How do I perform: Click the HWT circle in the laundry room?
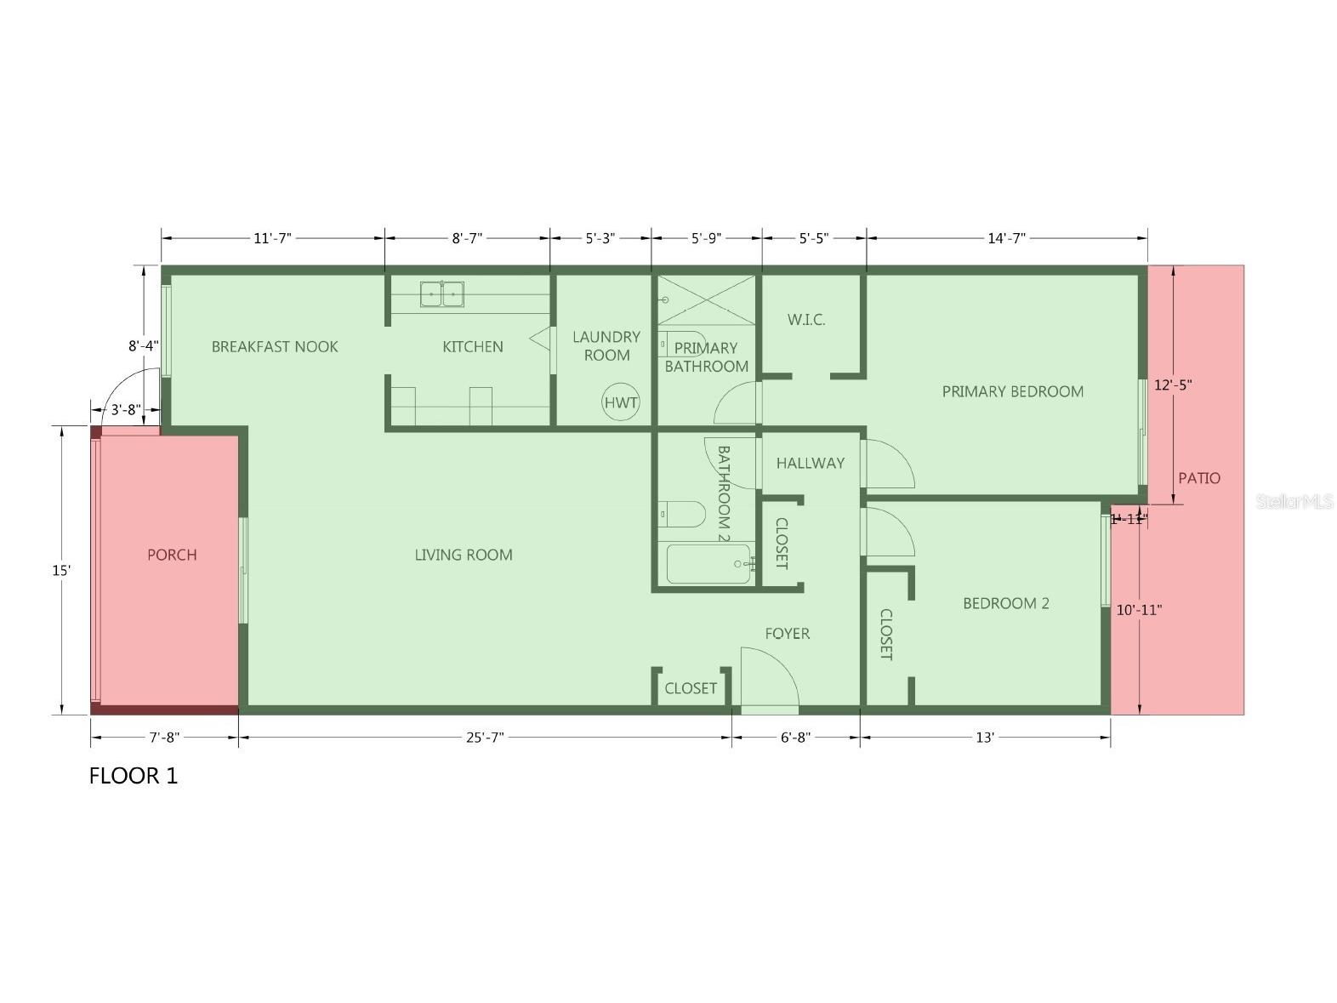[x=621, y=402]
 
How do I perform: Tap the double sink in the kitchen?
[x=441, y=294]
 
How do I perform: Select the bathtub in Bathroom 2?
[x=708, y=564]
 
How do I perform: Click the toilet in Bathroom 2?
[x=681, y=514]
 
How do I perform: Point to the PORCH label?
[x=172, y=555]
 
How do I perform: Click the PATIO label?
[x=1198, y=478]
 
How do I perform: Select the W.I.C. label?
[x=805, y=320]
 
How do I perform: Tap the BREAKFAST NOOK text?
[x=275, y=346]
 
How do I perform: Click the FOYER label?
[x=787, y=633]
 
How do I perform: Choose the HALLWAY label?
[x=811, y=463]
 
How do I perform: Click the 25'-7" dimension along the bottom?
[x=485, y=738]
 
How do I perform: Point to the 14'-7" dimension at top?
[x=1007, y=238]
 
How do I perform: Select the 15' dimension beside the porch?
[x=61, y=571]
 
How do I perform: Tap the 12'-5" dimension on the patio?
[x=1173, y=385]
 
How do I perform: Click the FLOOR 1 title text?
[x=134, y=776]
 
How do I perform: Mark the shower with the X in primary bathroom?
[x=707, y=300]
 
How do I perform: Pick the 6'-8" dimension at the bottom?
[x=795, y=738]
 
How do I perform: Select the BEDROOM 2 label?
[x=1005, y=603]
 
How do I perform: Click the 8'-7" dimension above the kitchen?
[x=467, y=238]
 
